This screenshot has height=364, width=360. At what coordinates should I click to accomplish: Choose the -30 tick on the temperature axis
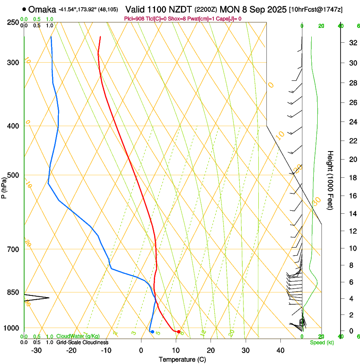pos(36,350)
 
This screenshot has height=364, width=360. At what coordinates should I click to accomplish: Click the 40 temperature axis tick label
pos(280,350)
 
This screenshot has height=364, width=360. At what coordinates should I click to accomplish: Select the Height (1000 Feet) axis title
pos(331,180)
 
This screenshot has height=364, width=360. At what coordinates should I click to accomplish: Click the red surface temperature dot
pos(179,331)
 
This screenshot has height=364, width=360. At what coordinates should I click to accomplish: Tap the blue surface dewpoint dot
pos(152,331)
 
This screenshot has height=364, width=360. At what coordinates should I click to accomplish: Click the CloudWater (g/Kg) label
pos(78,336)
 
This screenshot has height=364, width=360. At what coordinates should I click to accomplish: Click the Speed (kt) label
pos(322,342)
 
